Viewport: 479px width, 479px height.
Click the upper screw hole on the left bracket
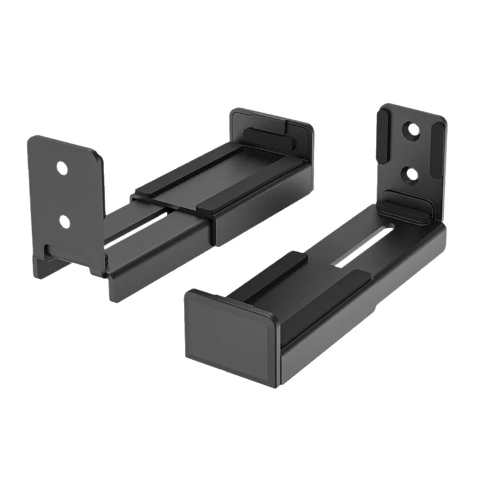tap(62, 168)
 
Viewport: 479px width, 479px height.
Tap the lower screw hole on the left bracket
tap(64, 221)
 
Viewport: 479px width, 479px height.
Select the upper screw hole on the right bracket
tap(411, 129)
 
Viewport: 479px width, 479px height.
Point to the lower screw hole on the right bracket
tap(411, 174)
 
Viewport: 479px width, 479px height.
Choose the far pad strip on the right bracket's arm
tap(269, 269)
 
